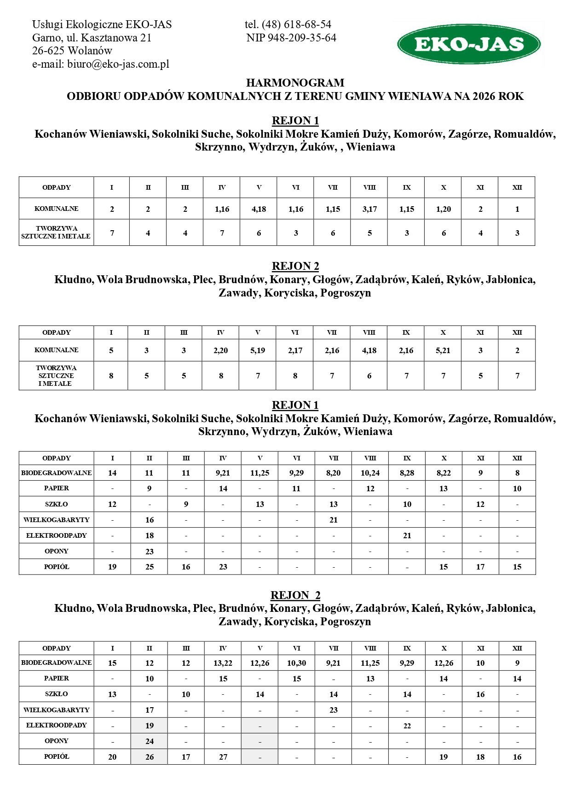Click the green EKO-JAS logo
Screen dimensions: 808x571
click(468, 44)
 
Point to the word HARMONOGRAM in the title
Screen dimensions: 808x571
click(295, 83)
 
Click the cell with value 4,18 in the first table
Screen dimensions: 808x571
click(259, 209)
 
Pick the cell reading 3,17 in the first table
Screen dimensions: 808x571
click(369, 209)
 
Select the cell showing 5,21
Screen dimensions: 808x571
click(443, 350)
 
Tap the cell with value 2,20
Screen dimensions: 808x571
click(221, 350)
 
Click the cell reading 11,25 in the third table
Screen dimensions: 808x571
click(260, 473)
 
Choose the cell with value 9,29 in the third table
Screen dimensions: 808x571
click(297, 473)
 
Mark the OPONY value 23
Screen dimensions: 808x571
click(150, 552)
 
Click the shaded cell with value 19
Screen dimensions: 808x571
click(150, 726)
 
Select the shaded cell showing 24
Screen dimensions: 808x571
click(150, 741)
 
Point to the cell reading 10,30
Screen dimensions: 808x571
click(297, 663)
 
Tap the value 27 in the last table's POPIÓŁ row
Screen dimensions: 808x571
click(223, 757)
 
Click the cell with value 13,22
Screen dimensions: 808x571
click(223, 663)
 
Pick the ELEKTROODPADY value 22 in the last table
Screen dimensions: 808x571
click(407, 726)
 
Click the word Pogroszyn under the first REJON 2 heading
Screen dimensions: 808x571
click(346, 293)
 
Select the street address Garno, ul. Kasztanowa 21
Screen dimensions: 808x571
click(92, 38)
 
